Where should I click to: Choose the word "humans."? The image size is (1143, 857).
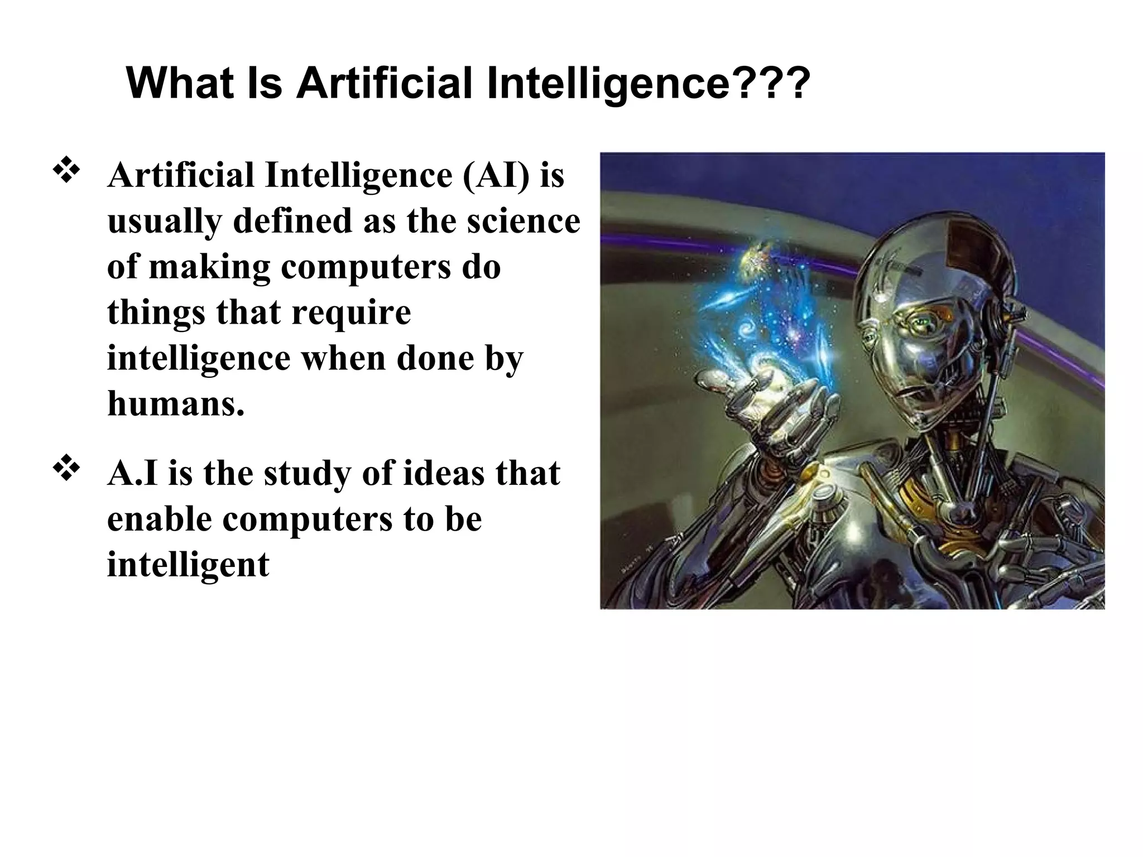tap(176, 403)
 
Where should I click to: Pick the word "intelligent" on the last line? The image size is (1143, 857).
tap(188, 565)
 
